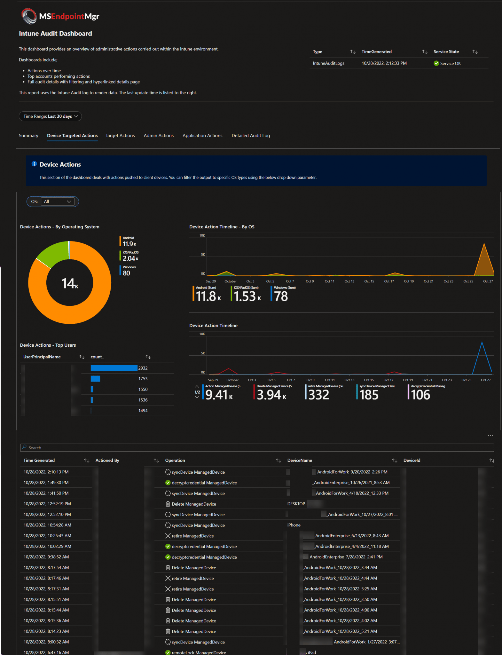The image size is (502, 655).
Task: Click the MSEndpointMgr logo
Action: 60,16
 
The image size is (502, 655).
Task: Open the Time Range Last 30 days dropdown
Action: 50,116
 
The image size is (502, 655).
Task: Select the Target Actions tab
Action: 120,136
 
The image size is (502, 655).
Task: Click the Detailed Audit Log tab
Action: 250,136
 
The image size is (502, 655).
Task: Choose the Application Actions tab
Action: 202,136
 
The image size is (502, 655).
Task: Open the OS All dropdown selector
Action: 58,201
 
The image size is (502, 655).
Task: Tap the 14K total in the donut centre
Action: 70,283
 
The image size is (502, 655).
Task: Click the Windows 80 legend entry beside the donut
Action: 127,271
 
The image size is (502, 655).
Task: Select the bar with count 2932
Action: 114,368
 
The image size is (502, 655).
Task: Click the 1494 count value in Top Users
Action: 143,411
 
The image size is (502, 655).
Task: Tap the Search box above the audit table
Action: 256,448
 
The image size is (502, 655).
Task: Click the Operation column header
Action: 175,460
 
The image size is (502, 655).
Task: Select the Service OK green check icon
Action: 436,63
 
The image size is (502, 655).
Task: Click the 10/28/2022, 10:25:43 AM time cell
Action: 47,536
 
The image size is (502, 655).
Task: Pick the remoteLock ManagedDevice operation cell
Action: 199,652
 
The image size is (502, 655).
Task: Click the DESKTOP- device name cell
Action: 297,504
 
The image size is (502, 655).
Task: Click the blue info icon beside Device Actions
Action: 34,164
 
